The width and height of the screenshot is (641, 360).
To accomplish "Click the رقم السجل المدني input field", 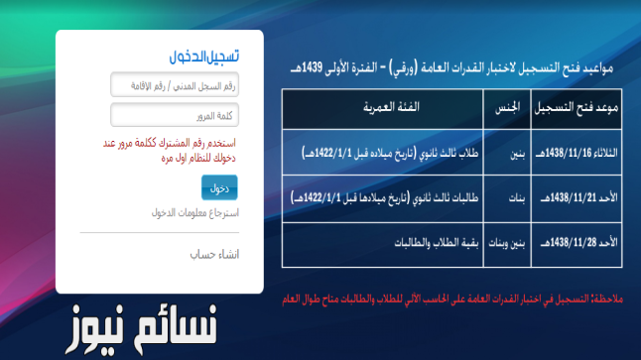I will click(x=182, y=86).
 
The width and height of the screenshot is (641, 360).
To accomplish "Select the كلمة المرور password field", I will click(x=182, y=116).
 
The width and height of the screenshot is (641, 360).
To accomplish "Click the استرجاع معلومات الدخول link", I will click(x=195, y=212).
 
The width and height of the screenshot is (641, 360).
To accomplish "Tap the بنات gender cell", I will click(x=507, y=197).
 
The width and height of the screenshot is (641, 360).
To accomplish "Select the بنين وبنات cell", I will click(x=507, y=243).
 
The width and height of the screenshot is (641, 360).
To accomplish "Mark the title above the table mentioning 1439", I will click(x=448, y=66).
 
